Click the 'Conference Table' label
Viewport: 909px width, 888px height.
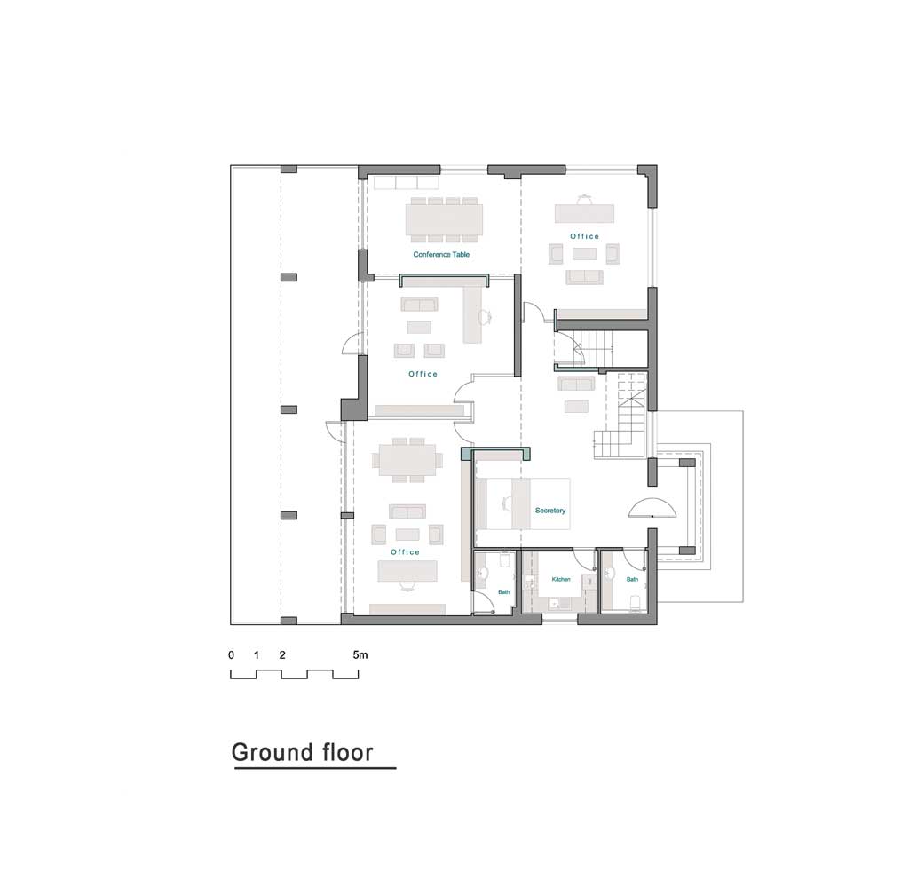pos(441,254)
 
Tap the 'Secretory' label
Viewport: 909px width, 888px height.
pos(550,511)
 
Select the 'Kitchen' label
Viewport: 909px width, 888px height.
pos(561,580)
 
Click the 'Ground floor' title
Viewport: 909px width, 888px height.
pos(302,752)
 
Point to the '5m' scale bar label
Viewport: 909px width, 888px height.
pos(360,654)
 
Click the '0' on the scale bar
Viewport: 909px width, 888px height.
pos(232,654)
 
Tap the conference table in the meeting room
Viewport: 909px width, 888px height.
pos(444,220)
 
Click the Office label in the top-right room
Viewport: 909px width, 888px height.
pos(584,236)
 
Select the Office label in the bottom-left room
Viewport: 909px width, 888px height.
pos(405,552)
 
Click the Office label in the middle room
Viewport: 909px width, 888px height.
pos(423,374)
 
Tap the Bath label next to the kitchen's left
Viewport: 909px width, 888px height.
pos(504,592)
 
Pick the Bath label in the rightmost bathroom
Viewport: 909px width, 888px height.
pos(632,580)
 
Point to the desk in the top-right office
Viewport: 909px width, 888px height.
pos(584,213)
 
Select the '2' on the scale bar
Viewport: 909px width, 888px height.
pos(282,654)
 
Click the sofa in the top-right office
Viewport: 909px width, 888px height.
pos(584,277)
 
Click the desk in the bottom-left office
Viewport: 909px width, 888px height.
pos(407,571)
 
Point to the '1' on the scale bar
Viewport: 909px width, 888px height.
pos(257,654)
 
